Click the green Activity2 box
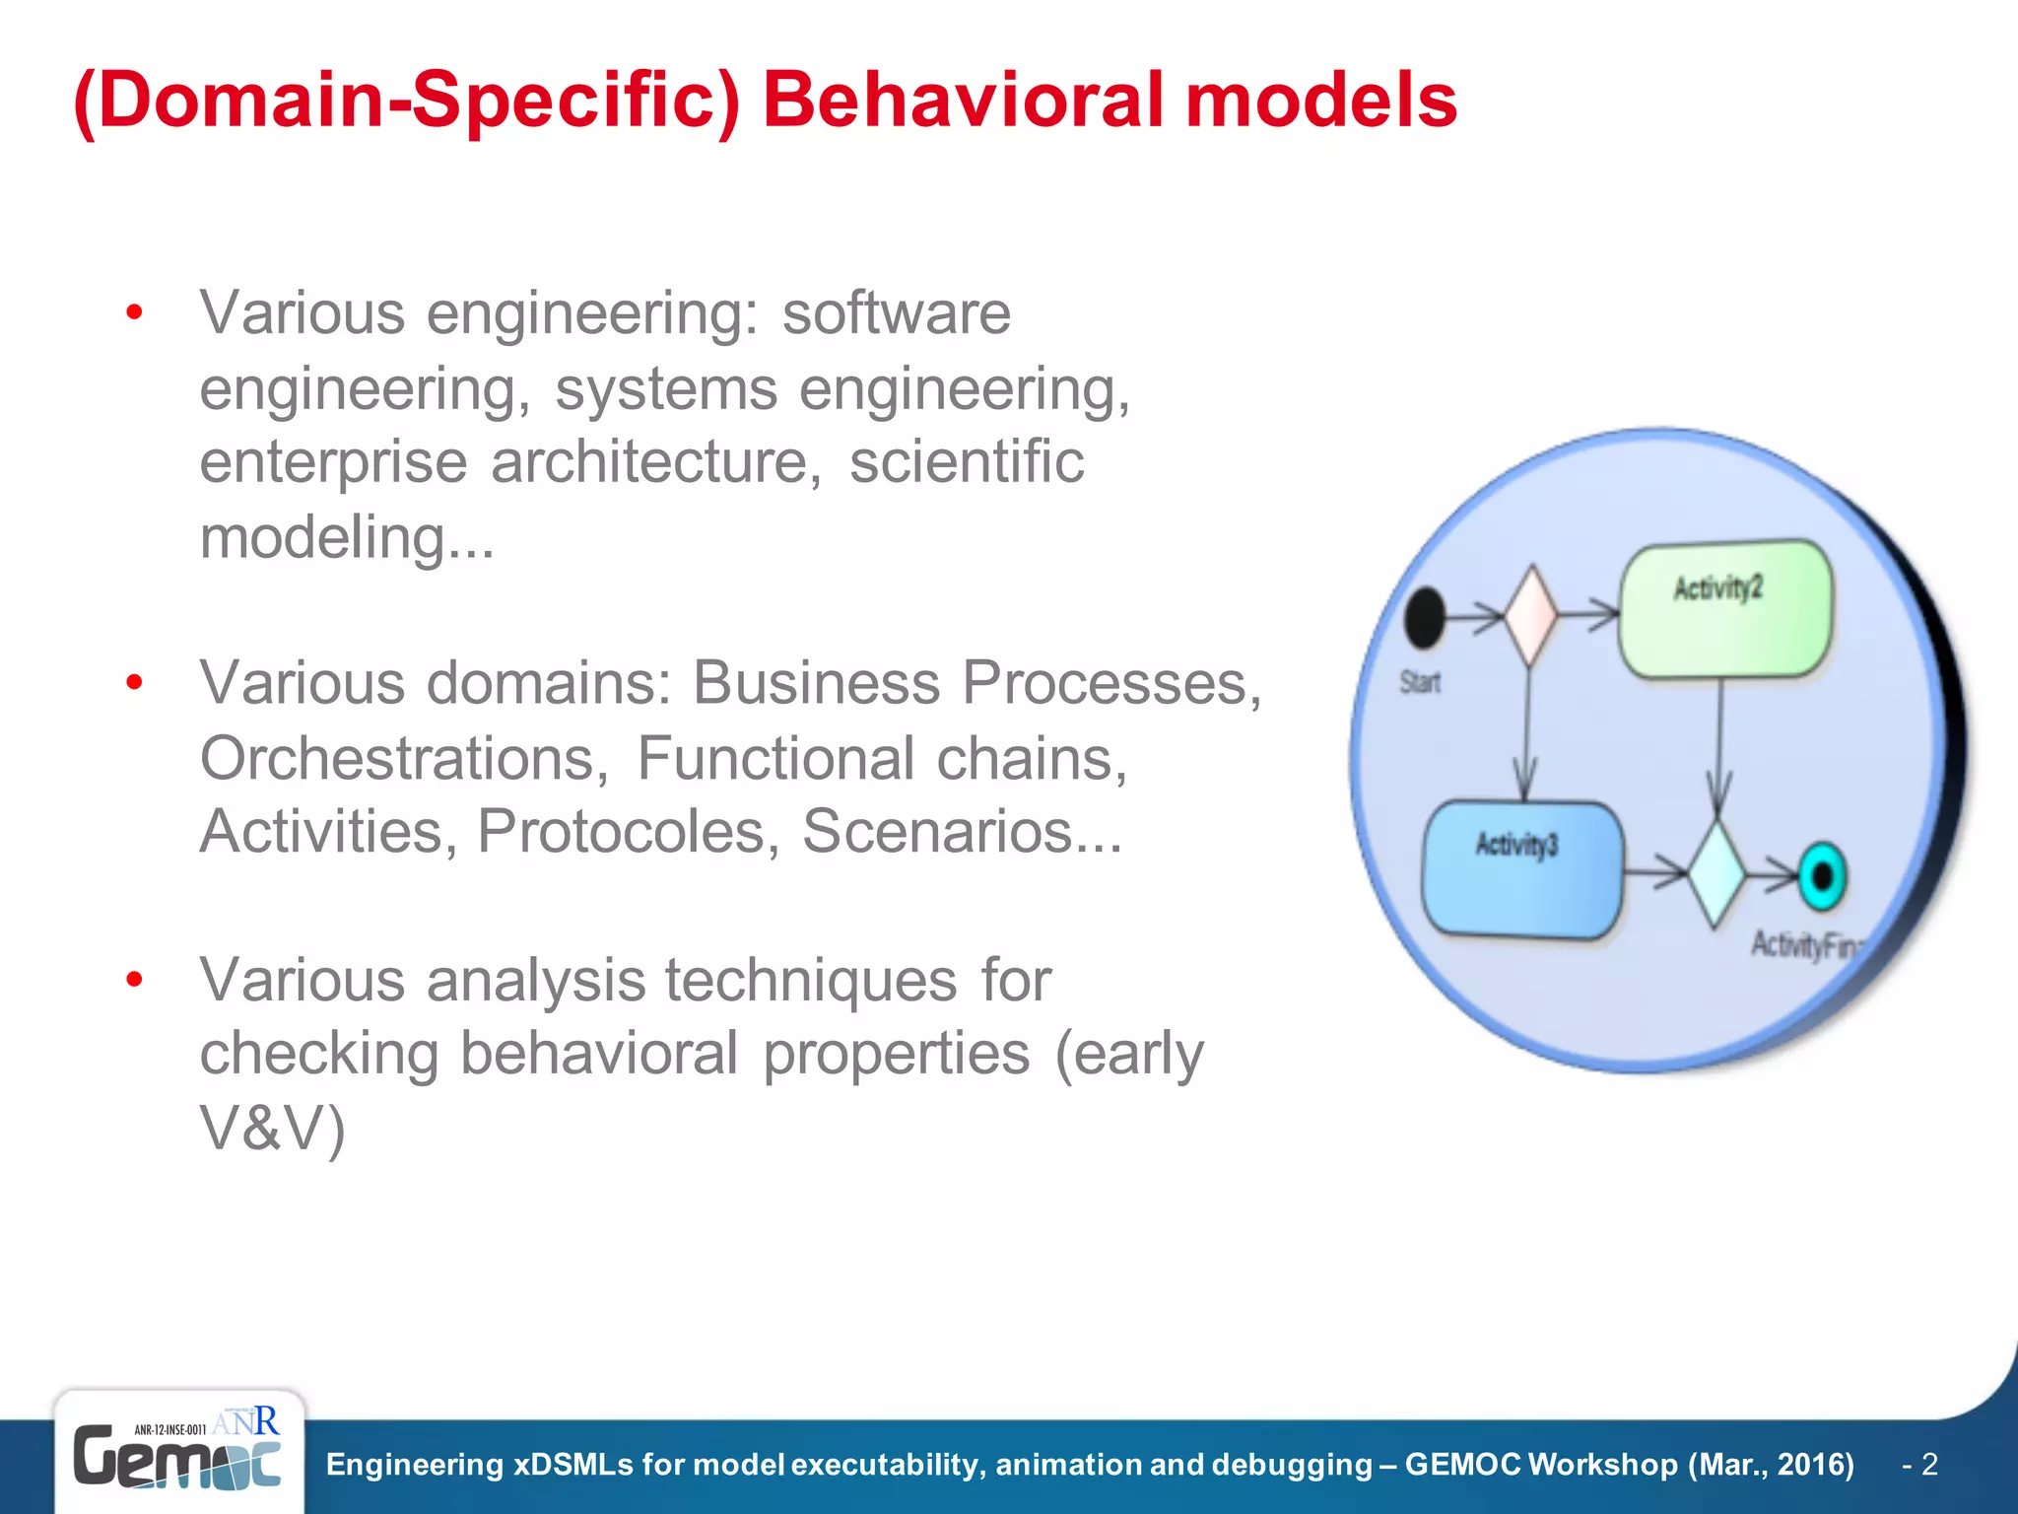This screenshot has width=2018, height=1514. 1725,609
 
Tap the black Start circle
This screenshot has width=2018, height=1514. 1424,618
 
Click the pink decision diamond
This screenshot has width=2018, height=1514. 1529,616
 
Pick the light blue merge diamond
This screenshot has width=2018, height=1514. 1715,873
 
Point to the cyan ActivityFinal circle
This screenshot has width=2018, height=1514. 1821,875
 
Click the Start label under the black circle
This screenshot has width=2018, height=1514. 1420,682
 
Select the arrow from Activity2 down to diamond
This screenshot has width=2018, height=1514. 1719,749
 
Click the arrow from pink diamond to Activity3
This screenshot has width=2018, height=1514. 1526,734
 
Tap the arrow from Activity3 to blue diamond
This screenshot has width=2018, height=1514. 1655,871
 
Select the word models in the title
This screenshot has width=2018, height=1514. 1320,101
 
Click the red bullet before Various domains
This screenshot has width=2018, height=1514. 135,682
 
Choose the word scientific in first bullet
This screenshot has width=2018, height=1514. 966,461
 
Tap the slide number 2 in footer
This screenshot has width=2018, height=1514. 1929,1465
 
